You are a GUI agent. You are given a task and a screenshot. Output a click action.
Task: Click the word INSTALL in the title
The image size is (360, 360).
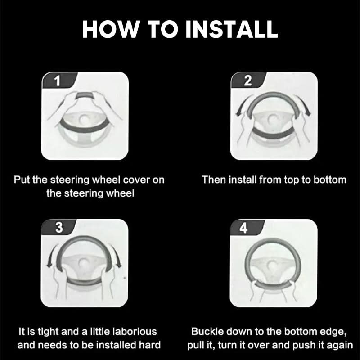click(231, 29)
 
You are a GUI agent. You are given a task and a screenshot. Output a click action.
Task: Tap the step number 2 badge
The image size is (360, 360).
click(248, 80)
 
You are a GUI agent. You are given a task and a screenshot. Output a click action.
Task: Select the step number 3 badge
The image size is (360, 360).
click(58, 227)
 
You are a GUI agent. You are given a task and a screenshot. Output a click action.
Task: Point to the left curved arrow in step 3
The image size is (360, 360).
click(52, 255)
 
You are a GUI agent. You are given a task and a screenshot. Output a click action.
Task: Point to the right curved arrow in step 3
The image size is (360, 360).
click(116, 255)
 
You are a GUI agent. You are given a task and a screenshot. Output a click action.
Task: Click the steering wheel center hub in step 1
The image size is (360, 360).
click(84, 119)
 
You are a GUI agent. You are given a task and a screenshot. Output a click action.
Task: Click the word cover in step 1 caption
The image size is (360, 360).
click(137, 180)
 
